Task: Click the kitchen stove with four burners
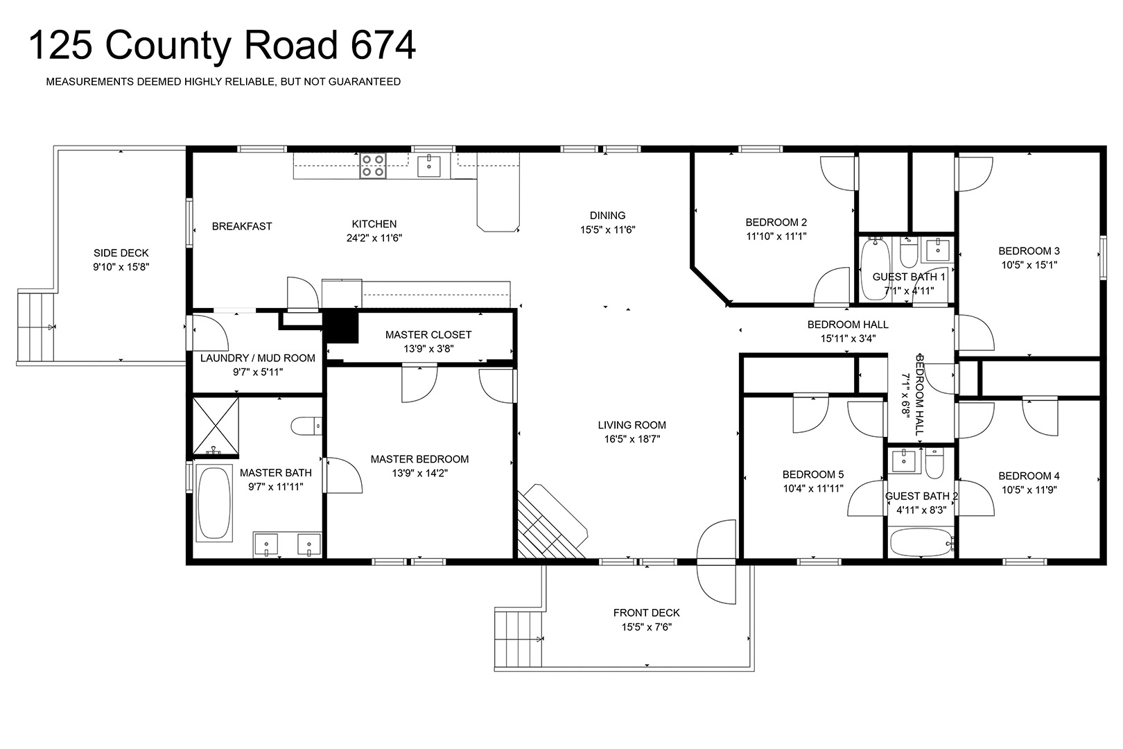click(x=372, y=166)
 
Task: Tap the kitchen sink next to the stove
click(x=429, y=166)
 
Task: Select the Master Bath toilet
click(x=306, y=426)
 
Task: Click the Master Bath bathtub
click(x=214, y=503)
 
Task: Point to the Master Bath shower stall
click(x=216, y=427)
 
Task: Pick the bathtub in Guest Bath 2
click(x=921, y=542)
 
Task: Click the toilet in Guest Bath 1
click(x=908, y=252)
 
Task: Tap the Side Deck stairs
click(x=36, y=327)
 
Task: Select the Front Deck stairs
click(x=519, y=639)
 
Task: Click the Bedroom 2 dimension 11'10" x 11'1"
click(x=776, y=236)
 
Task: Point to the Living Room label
click(x=632, y=425)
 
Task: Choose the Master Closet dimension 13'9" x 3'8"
click(x=428, y=349)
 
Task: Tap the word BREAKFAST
click(x=242, y=226)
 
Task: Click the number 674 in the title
click(x=383, y=45)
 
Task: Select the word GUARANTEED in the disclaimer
click(x=365, y=82)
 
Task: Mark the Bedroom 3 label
click(x=1029, y=251)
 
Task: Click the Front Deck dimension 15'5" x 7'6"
click(x=647, y=627)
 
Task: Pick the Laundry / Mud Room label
click(x=258, y=358)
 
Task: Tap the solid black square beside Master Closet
click(x=342, y=327)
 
